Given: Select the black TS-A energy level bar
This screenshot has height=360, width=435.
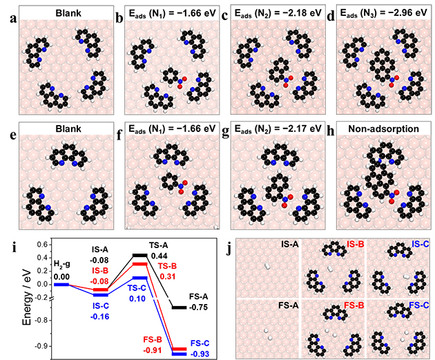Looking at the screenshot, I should (x=158, y=254).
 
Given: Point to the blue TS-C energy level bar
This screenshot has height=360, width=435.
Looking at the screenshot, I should (x=158, y=277).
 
